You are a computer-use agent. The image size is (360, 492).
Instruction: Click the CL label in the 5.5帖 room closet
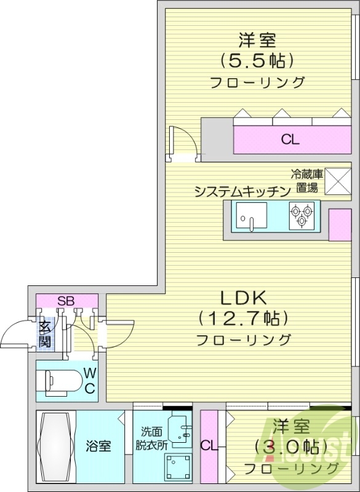click(x=290, y=140)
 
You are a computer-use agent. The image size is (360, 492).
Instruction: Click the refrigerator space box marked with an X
click(x=337, y=180)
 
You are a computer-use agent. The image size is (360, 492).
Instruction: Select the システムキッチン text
click(x=242, y=191)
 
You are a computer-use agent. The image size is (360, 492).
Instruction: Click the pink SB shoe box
click(x=66, y=301)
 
